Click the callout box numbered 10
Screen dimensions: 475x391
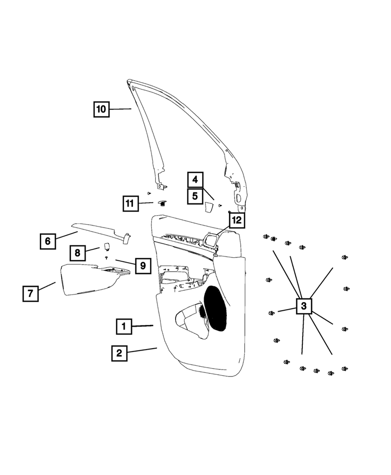(101, 109)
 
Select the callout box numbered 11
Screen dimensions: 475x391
(129, 204)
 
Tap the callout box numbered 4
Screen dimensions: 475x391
(195, 180)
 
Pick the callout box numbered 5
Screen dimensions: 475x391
(195, 195)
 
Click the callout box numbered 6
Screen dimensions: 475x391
(47, 241)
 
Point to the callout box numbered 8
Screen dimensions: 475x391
(77, 253)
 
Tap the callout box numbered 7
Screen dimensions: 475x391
(30, 294)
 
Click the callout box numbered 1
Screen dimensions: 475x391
(123, 326)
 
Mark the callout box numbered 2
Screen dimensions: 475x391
(119, 353)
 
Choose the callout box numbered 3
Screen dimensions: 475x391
(304, 305)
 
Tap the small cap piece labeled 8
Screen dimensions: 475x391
(107, 246)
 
